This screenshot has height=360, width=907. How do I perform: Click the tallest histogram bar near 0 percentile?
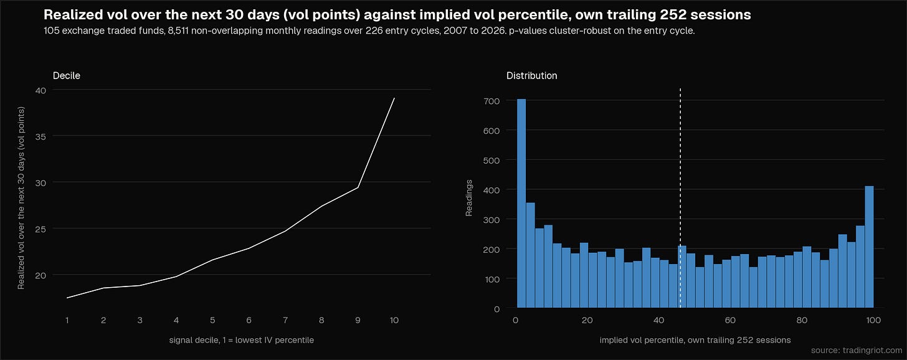(x=521, y=203)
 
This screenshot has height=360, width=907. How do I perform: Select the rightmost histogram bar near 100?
(x=869, y=247)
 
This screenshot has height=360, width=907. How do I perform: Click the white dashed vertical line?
(x=680, y=198)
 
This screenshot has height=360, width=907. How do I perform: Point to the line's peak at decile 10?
(x=394, y=98)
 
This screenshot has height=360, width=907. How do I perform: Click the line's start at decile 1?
(x=67, y=298)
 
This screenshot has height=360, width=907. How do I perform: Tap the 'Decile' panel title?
(x=67, y=76)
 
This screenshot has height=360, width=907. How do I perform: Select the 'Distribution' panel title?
(x=531, y=76)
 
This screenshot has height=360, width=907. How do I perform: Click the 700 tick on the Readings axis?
(x=491, y=101)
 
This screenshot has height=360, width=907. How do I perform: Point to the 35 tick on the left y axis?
(x=40, y=136)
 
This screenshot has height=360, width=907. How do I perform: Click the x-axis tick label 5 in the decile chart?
(x=212, y=320)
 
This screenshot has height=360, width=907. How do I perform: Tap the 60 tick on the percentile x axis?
(x=730, y=320)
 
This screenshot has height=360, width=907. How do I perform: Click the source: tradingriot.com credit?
(x=857, y=350)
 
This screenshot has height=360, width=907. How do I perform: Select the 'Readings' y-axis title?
(x=469, y=198)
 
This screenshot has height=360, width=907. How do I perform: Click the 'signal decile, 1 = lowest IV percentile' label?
(x=241, y=340)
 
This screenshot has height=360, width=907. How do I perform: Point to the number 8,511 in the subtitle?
(x=178, y=31)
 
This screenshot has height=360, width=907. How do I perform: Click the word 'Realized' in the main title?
(x=72, y=14)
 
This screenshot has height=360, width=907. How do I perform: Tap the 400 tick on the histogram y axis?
(x=491, y=190)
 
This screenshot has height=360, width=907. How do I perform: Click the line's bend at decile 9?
(x=358, y=187)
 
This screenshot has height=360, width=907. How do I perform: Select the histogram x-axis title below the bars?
(x=695, y=340)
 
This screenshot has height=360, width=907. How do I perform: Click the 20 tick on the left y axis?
(x=40, y=275)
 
